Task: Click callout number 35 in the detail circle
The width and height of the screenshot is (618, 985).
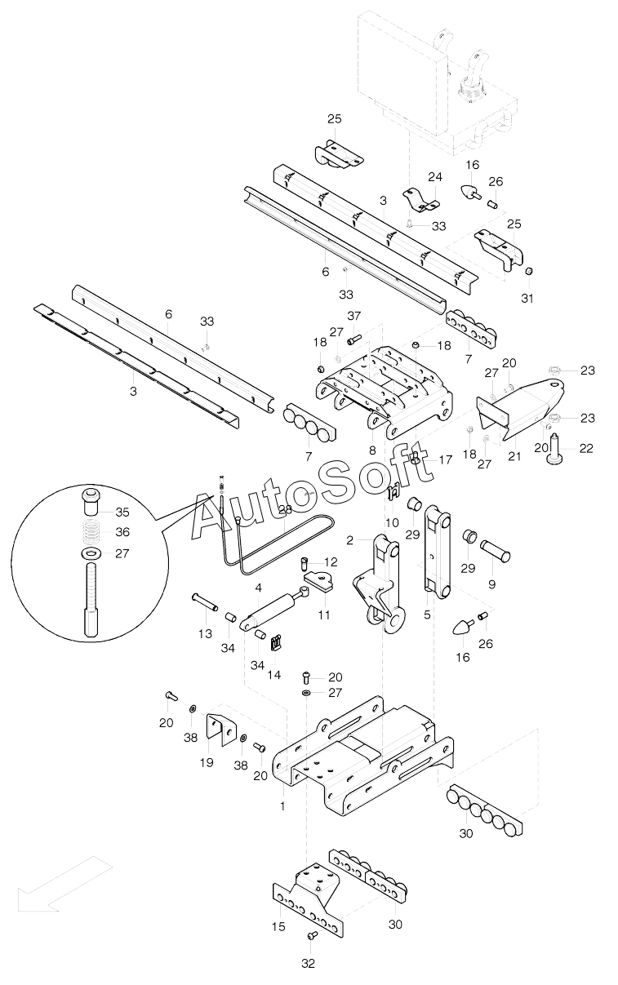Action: pyautogui.click(x=122, y=512)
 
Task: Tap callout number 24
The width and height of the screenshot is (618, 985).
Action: pyautogui.click(x=434, y=177)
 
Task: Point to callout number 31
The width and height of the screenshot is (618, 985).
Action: pyautogui.click(x=527, y=299)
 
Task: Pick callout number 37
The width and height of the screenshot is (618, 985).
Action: pyautogui.click(x=353, y=317)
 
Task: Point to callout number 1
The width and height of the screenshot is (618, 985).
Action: pyautogui.click(x=282, y=806)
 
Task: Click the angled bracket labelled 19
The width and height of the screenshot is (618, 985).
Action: pyautogui.click(x=218, y=729)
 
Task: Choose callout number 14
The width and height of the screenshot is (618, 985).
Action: pyautogui.click(x=274, y=676)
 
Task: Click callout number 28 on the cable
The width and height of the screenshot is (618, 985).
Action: pyautogui.click(x=285, y=510)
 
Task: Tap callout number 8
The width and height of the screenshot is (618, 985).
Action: pyautogui.click(x=372, y=449)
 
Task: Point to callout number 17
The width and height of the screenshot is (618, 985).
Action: pyautogui.click(x=445, y=459)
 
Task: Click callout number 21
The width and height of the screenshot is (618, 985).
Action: pyautogui.click(x=514, y=456)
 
